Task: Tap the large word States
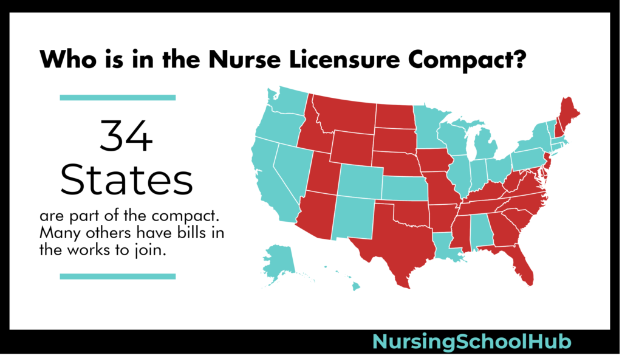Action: point(127,180)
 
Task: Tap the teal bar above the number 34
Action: point(117,97)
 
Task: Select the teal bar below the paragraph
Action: point(117,276)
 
